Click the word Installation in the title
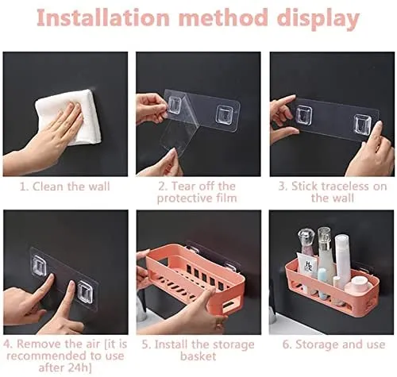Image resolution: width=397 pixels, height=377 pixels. coord(103,17)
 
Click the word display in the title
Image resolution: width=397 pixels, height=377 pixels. coord(318,19)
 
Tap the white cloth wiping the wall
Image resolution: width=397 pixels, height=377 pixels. coord(70,117)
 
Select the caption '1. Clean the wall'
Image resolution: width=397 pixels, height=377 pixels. coord(65,187)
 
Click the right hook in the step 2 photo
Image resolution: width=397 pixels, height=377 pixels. coord(224,113)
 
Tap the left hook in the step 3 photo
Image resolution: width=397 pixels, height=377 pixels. coord(303,115)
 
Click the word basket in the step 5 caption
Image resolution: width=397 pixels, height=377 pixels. coord(198,356)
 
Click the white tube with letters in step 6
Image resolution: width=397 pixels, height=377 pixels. coord(307,265)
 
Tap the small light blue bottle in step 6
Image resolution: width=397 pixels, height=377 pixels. coord(323,275)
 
